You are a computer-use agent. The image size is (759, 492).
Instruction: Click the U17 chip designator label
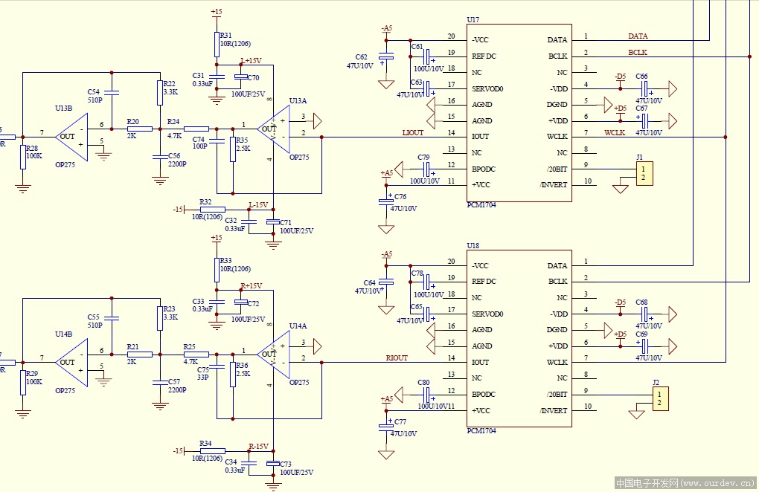(x=473, y=19)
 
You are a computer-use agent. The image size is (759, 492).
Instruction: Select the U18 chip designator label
(x=473, y=245)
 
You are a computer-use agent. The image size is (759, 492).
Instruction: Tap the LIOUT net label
(x=412, y=132)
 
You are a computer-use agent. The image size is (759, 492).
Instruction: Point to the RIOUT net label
(x=397, y=357)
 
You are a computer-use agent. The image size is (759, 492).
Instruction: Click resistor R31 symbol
(x=217, y=45)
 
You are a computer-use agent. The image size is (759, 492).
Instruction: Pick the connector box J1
(x=644, y=174)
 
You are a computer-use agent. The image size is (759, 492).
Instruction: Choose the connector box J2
(x=660, y=399)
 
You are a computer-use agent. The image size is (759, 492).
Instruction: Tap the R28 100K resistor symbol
(x=23, y=158)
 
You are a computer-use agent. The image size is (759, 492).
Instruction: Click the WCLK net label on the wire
(x=615, y=132)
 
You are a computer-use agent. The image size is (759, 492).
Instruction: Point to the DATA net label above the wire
(x=638, y=36)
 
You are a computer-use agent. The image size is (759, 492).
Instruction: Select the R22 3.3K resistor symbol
(x=158, y=93)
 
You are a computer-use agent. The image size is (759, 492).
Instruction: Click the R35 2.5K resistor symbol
(x=233, y=148)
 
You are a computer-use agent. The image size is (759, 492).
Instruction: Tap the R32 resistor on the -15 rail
(x=212, y=210)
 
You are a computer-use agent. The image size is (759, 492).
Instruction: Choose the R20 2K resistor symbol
(x=139, y=129)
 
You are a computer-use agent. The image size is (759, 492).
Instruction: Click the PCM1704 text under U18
(x=481, y=431)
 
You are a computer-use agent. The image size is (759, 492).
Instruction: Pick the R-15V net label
(x=258, y=446)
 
